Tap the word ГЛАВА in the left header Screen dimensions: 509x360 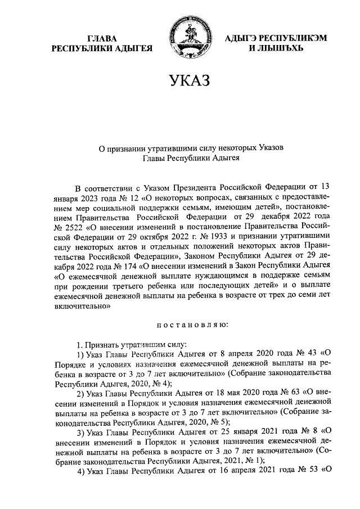coord(102,38)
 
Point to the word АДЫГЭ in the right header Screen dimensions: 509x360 coord(240,38)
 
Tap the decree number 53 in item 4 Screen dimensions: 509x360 coord(307,470)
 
